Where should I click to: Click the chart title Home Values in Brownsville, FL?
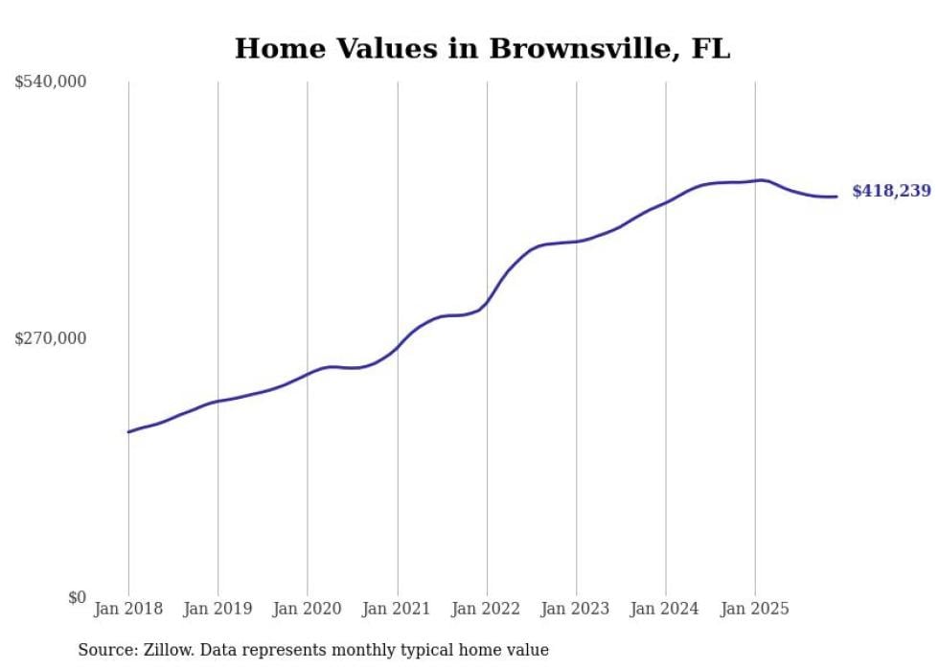(x=482, y=48)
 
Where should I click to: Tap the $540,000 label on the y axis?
(x=51, y=82)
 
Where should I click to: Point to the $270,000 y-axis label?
(x=51, y=338)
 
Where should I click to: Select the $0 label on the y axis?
(x=77, y=598)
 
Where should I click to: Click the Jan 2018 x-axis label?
(x=128, y=610)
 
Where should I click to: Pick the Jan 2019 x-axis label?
(x=218, y=610)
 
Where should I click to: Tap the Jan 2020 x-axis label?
(x=308, y=610)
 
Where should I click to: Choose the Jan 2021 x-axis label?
(x=397, y=610)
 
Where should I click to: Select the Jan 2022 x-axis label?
(x=487, y=610)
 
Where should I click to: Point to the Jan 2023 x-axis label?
(x=576, y=610)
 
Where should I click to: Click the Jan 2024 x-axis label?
(x=666, y=610)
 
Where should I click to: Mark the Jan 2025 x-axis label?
(x=755, y=610)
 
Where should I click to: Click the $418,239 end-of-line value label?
(x=891, y=192)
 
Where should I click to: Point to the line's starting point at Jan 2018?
(x=128, y=432)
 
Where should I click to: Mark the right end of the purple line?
(x=836, y=196)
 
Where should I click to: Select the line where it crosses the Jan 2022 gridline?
(x=487, y=303)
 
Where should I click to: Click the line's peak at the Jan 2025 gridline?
(x=757, y=180)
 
